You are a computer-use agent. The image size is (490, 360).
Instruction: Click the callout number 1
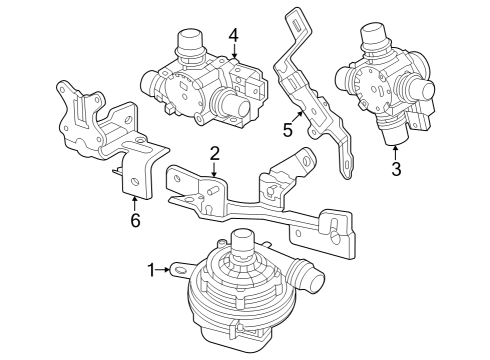pos(152,270)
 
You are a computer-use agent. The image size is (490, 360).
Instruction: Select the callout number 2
pos(214,152)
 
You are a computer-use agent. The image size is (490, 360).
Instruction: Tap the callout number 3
pos(395,170)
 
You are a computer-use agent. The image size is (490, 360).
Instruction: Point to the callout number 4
pos(233,36)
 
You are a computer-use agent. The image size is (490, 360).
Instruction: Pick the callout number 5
pos(288,129)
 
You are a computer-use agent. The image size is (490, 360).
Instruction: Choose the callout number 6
pos(135,219)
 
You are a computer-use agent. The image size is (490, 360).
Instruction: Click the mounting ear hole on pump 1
pos(179,268)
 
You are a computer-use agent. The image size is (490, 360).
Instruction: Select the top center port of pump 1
pos(240,240)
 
